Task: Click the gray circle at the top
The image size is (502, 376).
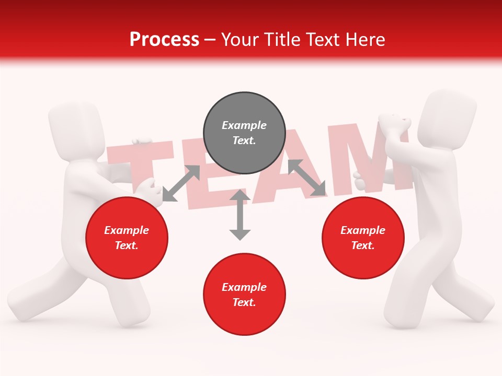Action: (x=244, y=133)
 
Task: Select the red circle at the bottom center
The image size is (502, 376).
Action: (x=244, y=295)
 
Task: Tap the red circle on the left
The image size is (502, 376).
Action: (x=127, y=238)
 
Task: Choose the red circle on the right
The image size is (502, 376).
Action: (x=363, y=238)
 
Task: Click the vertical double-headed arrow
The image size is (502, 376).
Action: (x=240, y=215)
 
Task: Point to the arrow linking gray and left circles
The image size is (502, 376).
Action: (x=181, y=183)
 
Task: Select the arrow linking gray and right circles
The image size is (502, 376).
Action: (x=307, y=178)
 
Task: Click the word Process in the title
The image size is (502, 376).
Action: (x=164, y=39)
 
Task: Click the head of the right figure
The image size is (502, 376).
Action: (x=450, y=118)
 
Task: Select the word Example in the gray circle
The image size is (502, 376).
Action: (x=244, y=125)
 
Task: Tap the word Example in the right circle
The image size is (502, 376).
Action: (x=363, y=230)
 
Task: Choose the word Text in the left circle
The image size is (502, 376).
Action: (x=126, y=245)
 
